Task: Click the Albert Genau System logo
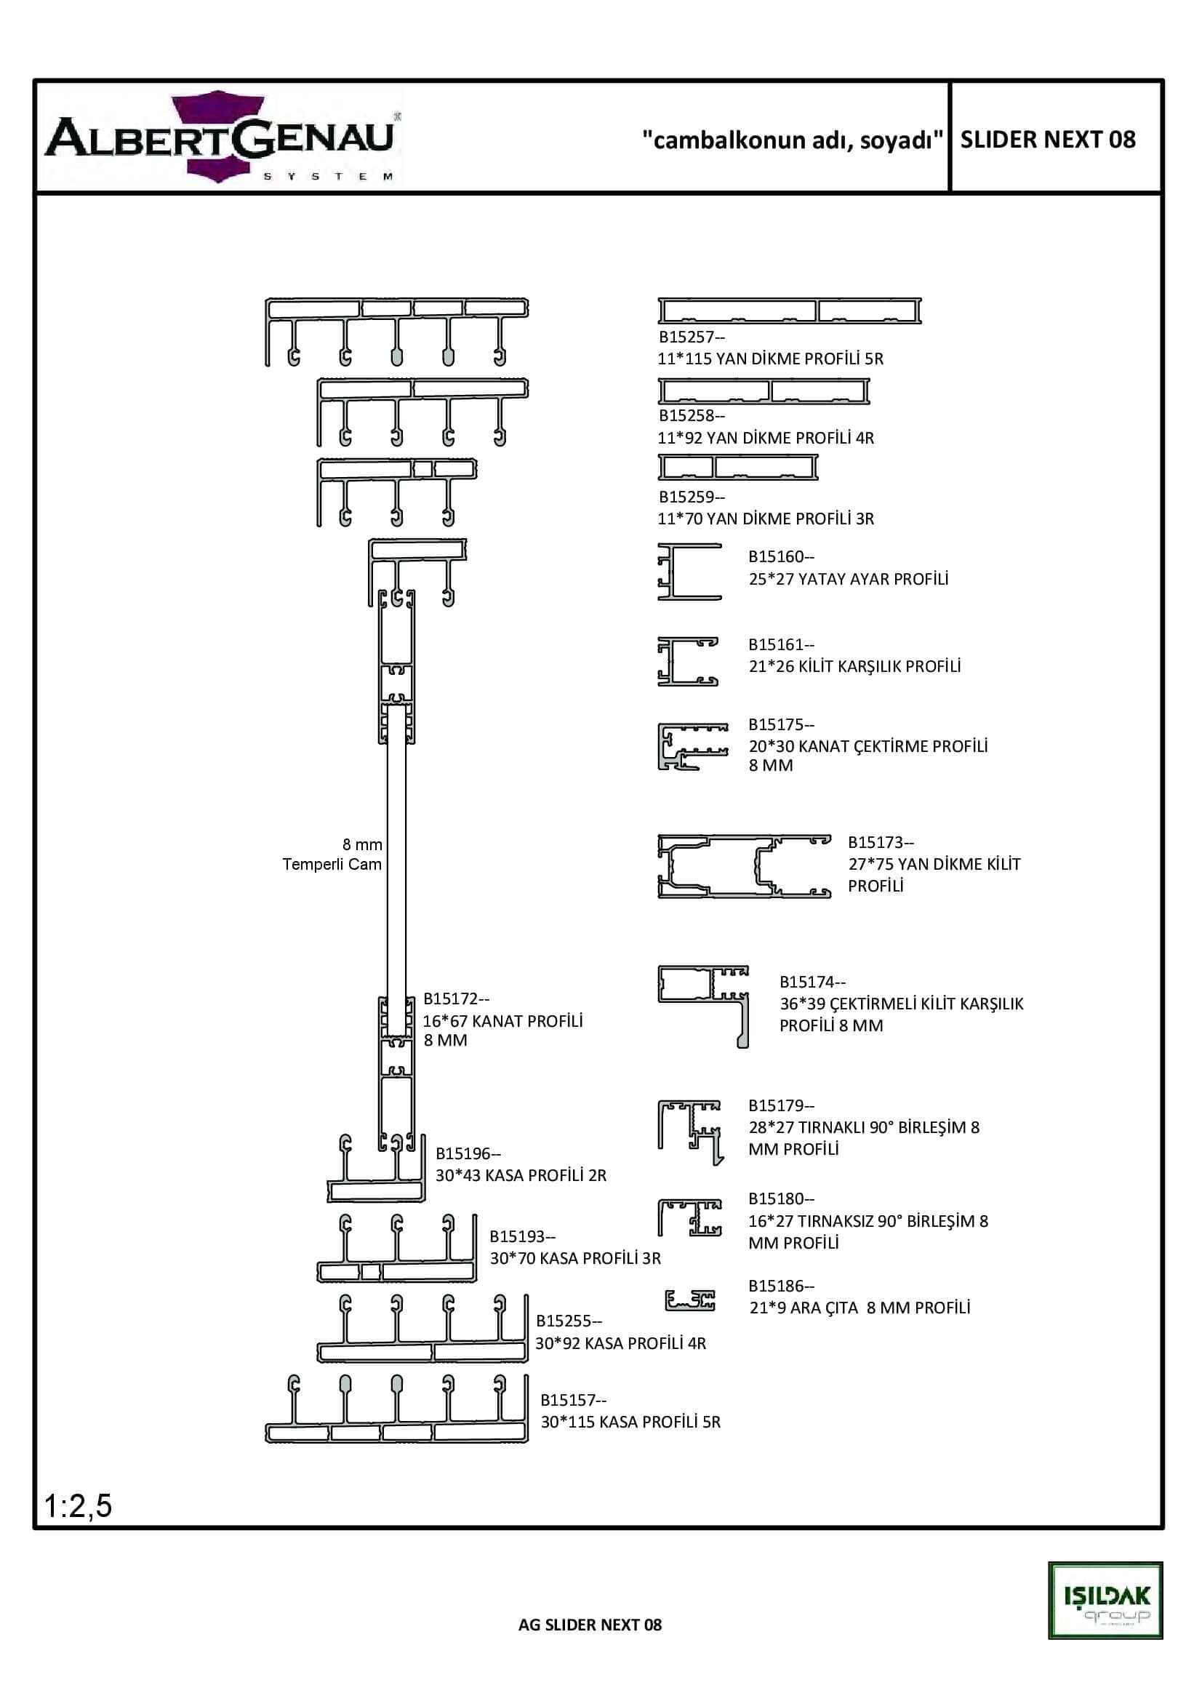click(221, 137)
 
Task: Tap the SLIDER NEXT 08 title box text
click(1047, 140)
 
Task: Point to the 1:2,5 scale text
click(78, 1505)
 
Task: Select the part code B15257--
click(692, 337)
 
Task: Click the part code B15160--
click(780, 556)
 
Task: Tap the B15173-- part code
click(881, 842)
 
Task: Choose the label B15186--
click(780, 1286)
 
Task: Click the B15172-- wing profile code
click(456, 998)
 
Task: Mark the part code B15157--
click(573, 1400)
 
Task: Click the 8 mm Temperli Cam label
click(332, 854)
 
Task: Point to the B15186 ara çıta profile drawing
click(689, 1300)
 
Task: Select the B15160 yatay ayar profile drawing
click(689, 571)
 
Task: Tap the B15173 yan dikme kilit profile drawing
click(744, 866)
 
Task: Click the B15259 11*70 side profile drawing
click(737, 467)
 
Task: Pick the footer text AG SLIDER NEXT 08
click(590, 1625)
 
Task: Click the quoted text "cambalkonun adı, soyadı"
click(793, 140)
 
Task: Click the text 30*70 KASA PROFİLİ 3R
click(575, 1258)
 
